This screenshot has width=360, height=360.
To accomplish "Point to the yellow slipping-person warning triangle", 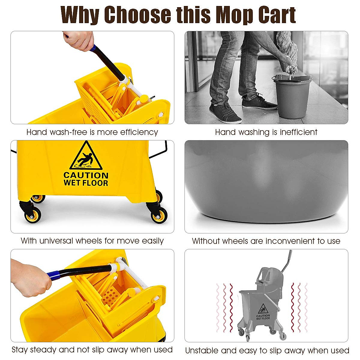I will [86, 157].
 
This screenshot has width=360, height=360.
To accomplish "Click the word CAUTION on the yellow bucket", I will [86, 175].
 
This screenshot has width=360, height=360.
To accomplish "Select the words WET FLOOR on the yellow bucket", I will [86, 183].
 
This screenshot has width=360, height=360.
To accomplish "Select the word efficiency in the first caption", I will [139, 132].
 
